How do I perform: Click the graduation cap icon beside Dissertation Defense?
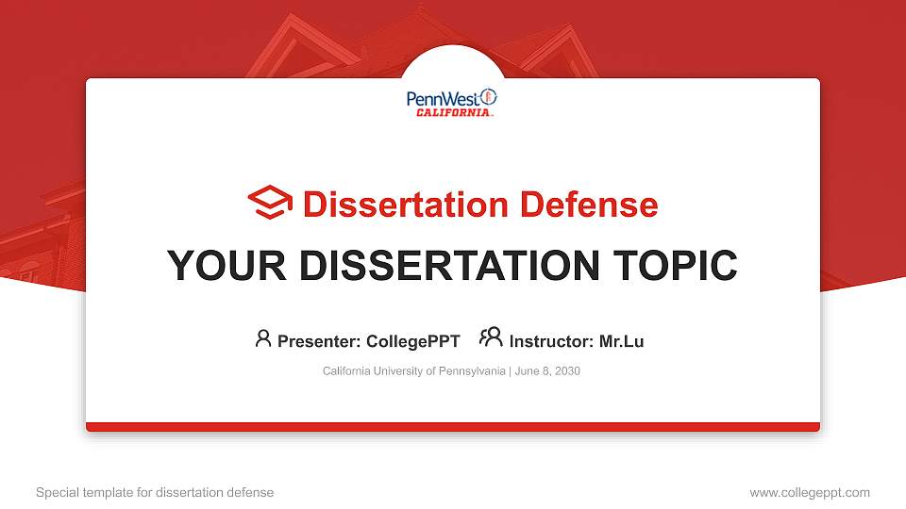pos(270,204)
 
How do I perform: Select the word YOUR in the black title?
pos(212,266)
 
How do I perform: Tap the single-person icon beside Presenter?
pos(263,338)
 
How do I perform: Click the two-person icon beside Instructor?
pos(491,337)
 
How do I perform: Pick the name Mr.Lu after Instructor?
pos(621,341)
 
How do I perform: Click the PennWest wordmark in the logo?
pos(442,98)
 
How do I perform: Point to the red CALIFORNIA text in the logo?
pos(454,113)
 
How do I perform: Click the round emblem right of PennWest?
pos(488,97)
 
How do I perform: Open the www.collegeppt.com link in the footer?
pos(810,492)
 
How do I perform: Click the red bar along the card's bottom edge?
pos(453,427)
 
